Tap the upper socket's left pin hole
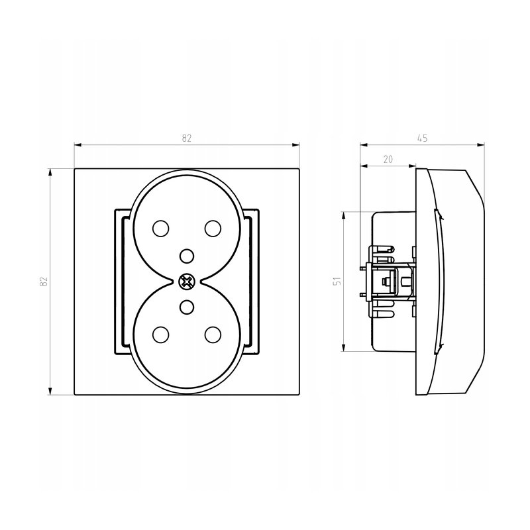[x=161, y=229]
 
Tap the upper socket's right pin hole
[x=213, y=229]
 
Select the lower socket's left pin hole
[x=161, y=335]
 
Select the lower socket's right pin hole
[x=213, y=335]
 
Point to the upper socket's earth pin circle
[x=187, y=256]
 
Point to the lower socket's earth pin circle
[x=187, y=307]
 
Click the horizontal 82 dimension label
[x=187, y=138]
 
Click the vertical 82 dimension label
[x=44, y=282]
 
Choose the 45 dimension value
[x=423, y=138]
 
